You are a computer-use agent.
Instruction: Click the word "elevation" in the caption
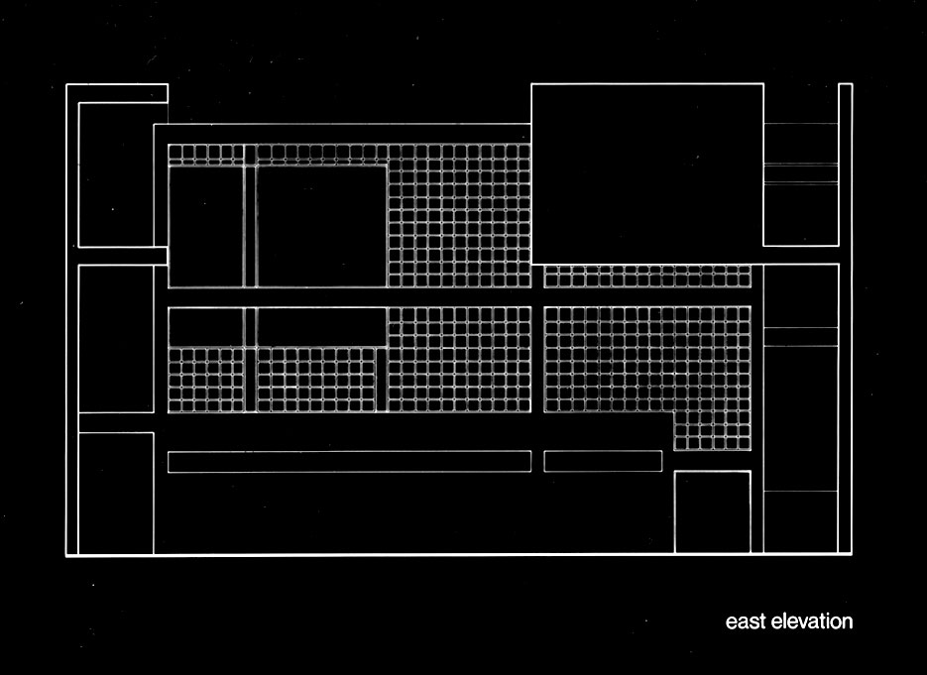(809, 622)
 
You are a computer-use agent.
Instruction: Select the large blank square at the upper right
(646, 173)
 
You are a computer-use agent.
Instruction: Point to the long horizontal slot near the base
(349, 461)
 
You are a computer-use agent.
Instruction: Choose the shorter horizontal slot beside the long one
(603, 461)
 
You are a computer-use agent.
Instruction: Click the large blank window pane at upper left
(321, 226)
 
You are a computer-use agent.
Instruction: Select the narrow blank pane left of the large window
(205, 226)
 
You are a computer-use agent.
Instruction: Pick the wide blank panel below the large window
(321, 327)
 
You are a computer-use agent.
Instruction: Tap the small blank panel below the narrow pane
(205, 327)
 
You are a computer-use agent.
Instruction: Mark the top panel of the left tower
(115, 174)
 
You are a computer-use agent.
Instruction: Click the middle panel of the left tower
(115, 338)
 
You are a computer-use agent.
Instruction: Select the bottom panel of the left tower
(115, 493)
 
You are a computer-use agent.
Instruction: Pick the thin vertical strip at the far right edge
(845, 317)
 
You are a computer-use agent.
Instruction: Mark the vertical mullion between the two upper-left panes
(250, 226)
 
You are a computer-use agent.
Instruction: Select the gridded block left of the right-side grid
(459, 359)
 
